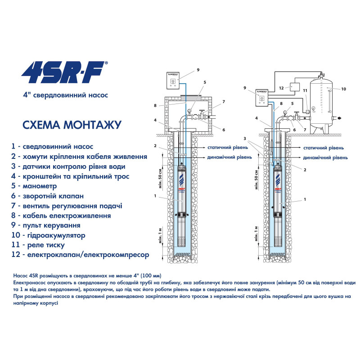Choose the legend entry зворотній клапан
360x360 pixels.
point(53,196)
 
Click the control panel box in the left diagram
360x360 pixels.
point(175,81)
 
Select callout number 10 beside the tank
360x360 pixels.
point(343,89)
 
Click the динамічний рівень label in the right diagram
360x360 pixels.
point(325,158)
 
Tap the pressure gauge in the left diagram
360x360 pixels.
point(191,109)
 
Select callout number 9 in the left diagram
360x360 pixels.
point(198,71)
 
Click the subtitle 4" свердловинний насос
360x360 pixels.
point(65,95)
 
